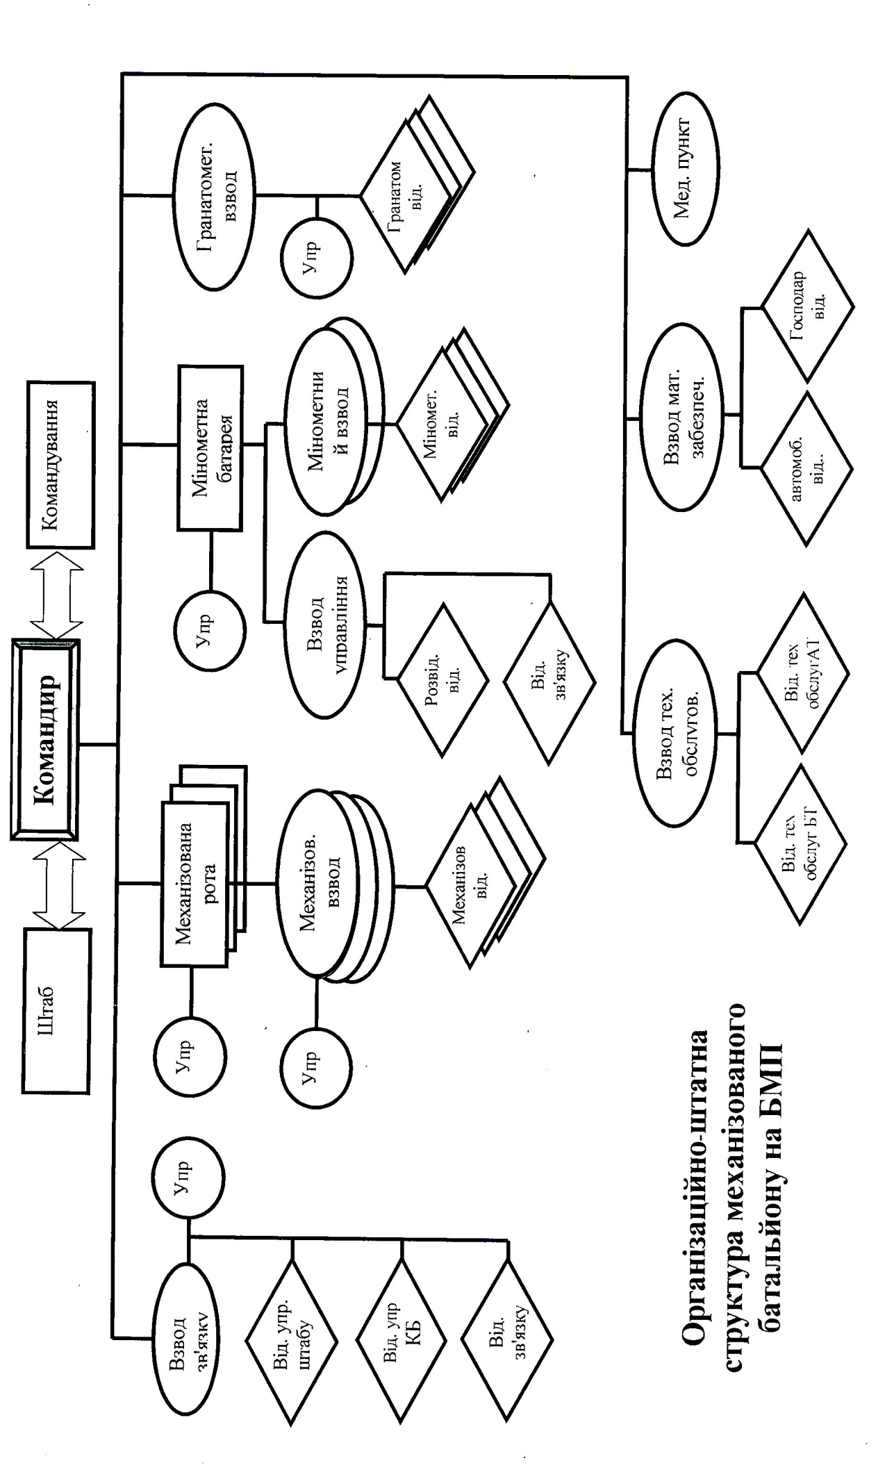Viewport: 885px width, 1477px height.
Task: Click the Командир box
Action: coord(45,740)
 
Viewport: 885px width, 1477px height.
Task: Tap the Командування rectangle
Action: coord(60,464)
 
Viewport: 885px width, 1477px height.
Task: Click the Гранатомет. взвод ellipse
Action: coord(215,197)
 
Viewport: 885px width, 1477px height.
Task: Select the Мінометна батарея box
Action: coord(210,448)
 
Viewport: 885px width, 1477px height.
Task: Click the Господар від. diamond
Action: coord(807,306)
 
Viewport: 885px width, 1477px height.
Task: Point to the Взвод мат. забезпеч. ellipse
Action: coord(682,420)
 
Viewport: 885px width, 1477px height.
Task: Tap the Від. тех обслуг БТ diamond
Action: coord(801,844)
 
